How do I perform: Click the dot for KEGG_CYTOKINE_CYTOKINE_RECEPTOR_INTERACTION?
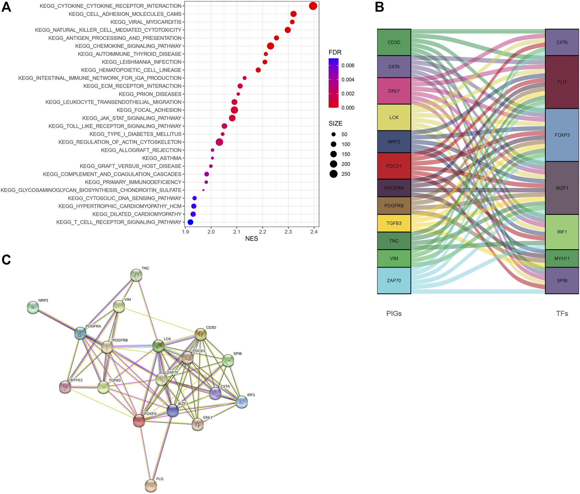[313, 6]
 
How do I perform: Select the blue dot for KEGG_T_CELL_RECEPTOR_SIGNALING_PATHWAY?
[190, 222]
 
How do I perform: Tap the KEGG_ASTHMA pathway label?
[162, 158]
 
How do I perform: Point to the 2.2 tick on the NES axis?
[263, 232]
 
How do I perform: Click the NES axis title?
[252, 239]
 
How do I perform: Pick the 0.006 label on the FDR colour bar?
[348, 66]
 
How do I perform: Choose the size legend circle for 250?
[333, 174]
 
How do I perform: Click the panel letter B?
[379, 7]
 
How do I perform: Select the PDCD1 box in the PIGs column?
[394, 166]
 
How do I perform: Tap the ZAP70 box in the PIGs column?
[394, 281]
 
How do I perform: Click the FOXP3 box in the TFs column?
[562, 135]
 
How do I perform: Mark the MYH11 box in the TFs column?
[562, 259]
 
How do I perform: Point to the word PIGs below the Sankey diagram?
[394, 314]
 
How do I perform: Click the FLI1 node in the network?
[151, 486]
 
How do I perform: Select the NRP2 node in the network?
[33, 307]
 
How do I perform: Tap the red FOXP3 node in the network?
[139, 421]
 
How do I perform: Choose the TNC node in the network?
[136, 275]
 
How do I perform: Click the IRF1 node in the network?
[242, 402]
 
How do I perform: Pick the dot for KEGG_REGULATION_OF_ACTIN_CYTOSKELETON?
[219, 142]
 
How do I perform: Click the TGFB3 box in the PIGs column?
[394, 223]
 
